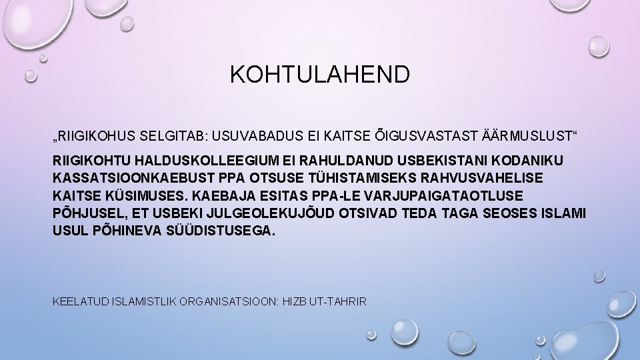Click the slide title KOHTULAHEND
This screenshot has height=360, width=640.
320,74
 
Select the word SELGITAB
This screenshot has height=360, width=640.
173,137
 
